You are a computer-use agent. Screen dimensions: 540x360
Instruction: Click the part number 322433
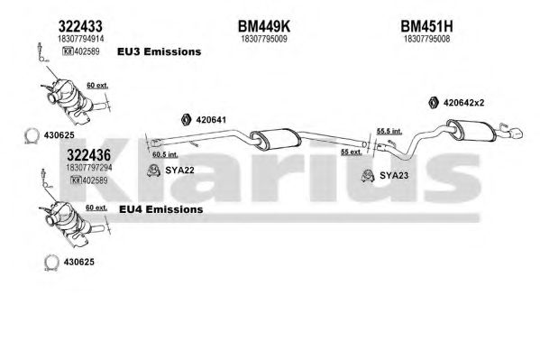(80, 26)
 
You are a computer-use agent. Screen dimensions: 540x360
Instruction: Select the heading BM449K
(264, 26)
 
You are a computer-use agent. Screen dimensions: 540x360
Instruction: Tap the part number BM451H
(426, 26)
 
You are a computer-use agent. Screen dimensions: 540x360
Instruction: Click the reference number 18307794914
(80, 39)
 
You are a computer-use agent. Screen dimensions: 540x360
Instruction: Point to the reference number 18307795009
(264, 39)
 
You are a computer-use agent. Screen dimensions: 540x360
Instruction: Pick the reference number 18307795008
(426, 39)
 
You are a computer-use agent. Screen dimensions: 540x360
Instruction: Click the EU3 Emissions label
(159, 51)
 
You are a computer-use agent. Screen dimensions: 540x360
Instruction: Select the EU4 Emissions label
(160, 209)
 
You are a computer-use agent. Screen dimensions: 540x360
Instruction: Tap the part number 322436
(89, 155)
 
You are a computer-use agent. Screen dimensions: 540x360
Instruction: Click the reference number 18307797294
(89, 168)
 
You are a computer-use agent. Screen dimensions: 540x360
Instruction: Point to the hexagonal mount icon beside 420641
(186, 119)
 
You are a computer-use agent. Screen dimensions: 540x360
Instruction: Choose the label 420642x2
(464, 103)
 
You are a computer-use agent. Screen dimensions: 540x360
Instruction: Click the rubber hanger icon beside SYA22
(153, 171)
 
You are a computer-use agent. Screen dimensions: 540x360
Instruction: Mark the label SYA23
(394, 176)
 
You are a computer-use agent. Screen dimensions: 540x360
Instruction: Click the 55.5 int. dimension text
(389, 131)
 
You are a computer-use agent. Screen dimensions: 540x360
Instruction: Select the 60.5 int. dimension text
(165, 154)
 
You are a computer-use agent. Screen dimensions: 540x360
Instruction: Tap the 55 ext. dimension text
(352, 152)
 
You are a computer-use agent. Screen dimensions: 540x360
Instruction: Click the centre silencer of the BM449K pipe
(276, 139)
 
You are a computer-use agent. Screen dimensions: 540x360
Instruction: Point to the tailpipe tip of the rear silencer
(517, 134)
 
